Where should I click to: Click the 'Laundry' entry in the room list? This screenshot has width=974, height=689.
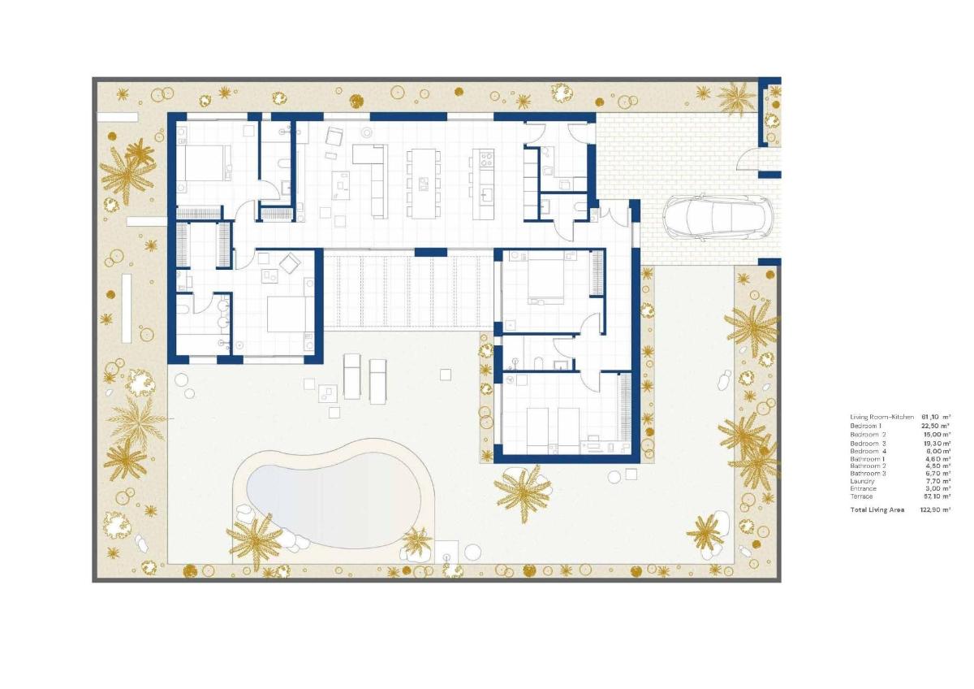pos(863,481)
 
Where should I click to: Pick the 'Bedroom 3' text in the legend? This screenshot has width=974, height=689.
pos(867,444)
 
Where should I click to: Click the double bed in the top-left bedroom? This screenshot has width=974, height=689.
pos(203,161)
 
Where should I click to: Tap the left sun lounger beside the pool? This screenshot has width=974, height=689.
pos(352,375)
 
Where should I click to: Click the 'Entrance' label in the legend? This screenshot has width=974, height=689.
pos(864,488)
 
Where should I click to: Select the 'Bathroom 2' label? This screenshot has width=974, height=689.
pos(867,466)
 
